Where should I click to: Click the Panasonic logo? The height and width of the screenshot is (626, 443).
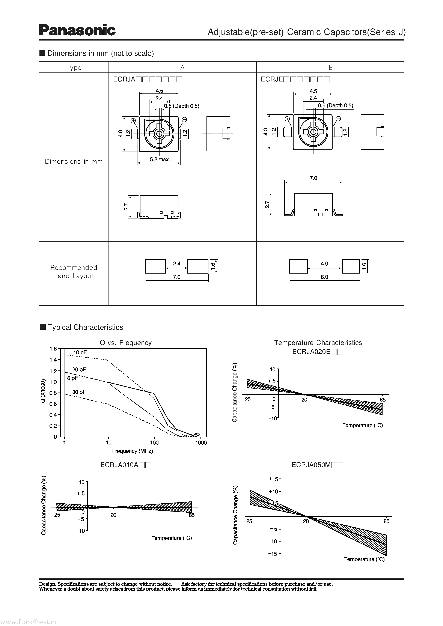point(77,30)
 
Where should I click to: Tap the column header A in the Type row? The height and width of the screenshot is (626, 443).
point(182,68)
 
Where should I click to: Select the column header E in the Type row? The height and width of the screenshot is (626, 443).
point(330,68)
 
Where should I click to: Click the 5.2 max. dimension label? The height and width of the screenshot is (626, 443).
point(160,160)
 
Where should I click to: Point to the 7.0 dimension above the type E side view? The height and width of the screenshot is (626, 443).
point(313,178)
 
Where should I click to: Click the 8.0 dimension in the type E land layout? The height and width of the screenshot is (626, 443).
point(324,277)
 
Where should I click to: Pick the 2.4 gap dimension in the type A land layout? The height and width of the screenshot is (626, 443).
point(176,264)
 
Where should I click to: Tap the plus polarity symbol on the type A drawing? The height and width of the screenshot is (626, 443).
point(133,120)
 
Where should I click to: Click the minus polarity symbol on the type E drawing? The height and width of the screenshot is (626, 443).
point(338,119)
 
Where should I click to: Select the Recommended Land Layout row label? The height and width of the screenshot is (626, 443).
point(74,272)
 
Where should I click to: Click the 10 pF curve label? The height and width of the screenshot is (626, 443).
point(80,352)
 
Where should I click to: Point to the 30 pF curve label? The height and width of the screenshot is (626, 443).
point(79,392)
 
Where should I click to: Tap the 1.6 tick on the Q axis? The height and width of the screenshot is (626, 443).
point(53,349)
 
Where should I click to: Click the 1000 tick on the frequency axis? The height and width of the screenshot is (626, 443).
point(201,443)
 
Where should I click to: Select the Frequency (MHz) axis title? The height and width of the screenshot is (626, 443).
point(133,451)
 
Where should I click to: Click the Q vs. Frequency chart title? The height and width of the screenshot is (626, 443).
point(126,343)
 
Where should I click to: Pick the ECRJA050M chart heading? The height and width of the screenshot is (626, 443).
point(318,465)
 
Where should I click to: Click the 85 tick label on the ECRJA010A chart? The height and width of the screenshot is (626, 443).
point(192,515)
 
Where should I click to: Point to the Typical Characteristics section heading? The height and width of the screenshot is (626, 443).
point(85,327)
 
